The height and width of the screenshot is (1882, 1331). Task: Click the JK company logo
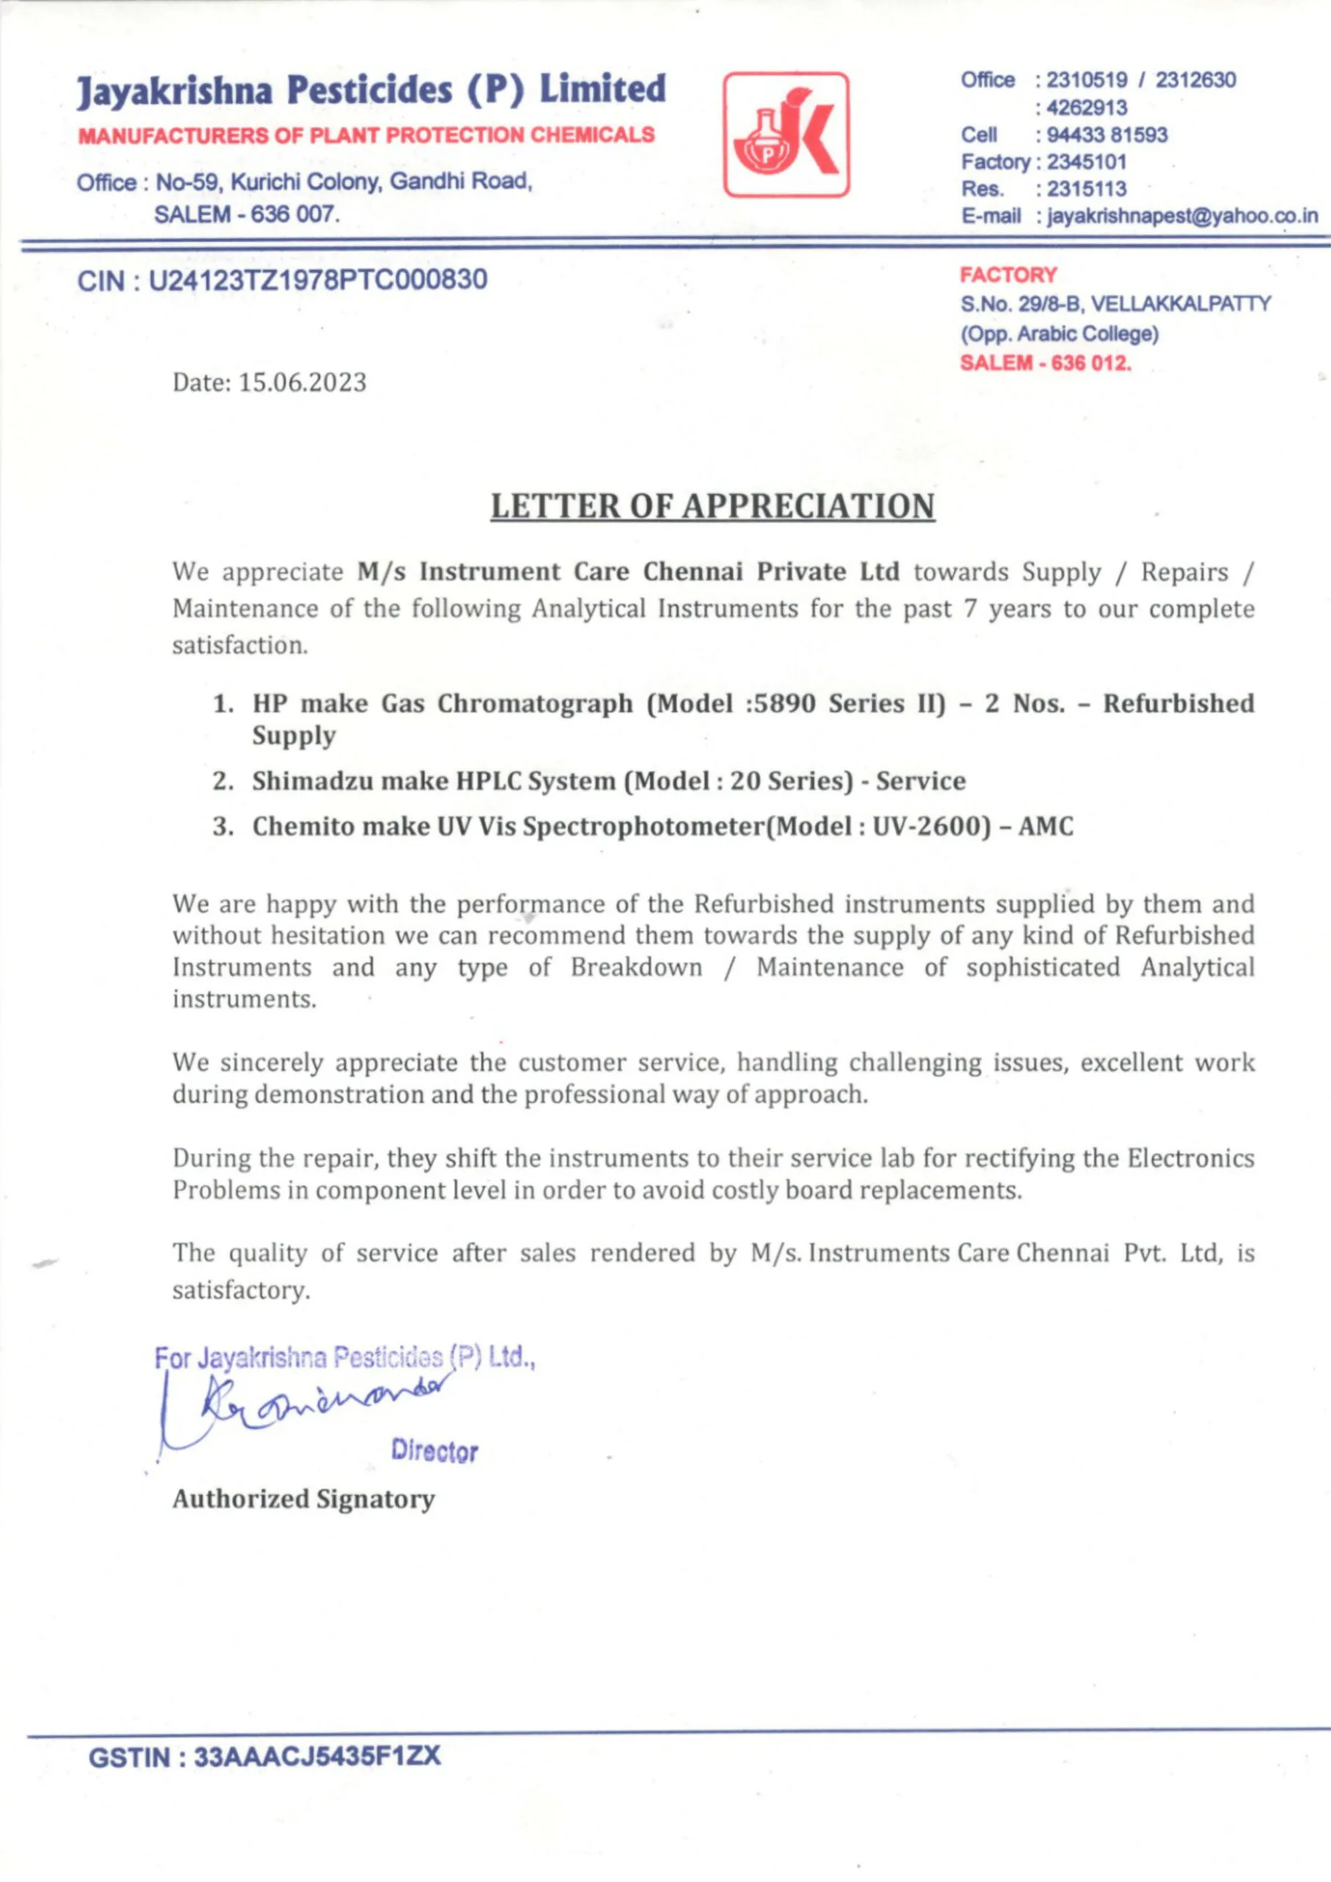[x=786, y=135]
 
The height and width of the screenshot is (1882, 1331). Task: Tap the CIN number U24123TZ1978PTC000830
[x=317, y=280]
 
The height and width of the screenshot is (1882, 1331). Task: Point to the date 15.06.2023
[x=302, y=383]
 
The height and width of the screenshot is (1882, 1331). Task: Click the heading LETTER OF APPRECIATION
[x=712, y=506]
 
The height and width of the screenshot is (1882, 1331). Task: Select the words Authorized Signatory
[x=304, y=1498]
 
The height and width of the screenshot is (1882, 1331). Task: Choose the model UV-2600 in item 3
[x=926, y=826]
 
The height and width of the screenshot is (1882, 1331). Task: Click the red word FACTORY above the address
[x=1008, y=276]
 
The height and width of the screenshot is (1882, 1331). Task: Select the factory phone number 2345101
[x=1087, y=162]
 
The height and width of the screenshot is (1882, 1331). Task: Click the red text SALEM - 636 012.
[x=1045, y=363]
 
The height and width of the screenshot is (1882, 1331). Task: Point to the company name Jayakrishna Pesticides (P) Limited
[x=371, y=90]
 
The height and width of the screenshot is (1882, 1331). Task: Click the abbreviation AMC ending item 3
[x=1045, y=826]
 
